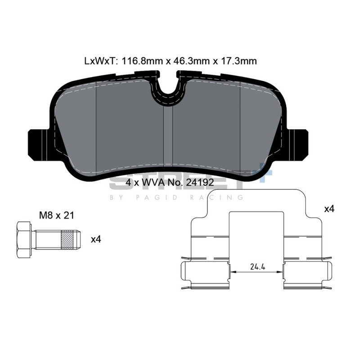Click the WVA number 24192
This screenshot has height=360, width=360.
[200, 183]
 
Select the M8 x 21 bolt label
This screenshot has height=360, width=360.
[57, 216]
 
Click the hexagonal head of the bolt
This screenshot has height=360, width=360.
[24, 239]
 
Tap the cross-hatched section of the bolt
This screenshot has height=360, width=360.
[68, 239]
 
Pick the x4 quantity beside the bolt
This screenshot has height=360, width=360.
[96, 239]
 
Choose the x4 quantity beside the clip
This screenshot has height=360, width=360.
[329, 209]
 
